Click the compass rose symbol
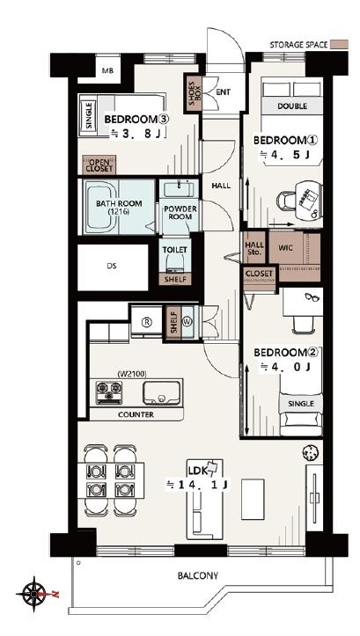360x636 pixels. coord(33,594)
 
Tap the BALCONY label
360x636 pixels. coord(198,575)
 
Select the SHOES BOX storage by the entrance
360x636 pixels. coord(194,94)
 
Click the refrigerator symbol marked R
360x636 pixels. coord(146,322)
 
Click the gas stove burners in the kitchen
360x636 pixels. coord(109,392)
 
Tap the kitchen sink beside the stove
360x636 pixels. coord(161,392)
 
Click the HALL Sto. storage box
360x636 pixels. coord(254,248)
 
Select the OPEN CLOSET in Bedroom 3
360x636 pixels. coord(99,164)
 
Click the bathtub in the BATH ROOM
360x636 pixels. coord(100,207)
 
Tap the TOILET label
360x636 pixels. coord(175,250)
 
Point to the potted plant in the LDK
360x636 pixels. coord(311,452)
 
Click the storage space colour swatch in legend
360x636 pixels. coord(339,45)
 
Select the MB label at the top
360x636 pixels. coord(107,71)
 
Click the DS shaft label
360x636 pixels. coord(112,267)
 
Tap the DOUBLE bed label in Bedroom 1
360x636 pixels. coord(292,106)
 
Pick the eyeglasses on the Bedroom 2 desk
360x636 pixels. coord(312,297)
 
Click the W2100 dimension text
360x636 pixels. coord(132,374)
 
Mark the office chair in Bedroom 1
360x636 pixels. coord(286,200)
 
